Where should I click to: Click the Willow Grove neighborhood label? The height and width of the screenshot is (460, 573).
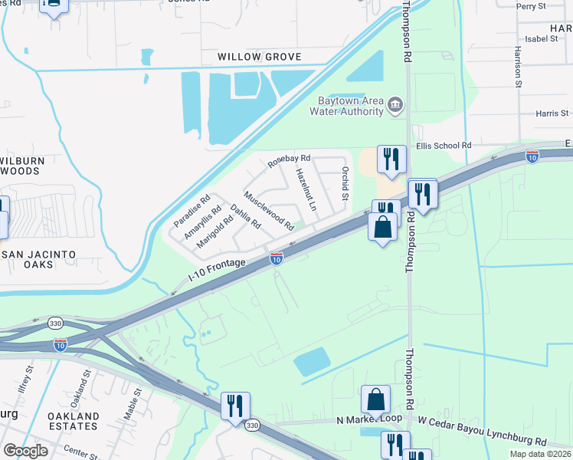click(x=260, y=58)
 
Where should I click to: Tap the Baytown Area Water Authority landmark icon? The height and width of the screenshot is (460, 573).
click(x=395, y=103)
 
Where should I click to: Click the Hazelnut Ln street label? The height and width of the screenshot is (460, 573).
click(x=306, y=189)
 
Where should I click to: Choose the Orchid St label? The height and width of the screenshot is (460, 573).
click(x=345, y=184)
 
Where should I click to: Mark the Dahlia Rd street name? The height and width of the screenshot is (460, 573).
click(x=246, y=219)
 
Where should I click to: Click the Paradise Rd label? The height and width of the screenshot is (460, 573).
click(x=192, y=212)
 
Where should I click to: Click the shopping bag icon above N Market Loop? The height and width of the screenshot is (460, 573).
click(x=375, y=400)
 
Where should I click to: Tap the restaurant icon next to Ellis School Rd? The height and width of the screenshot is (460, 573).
click(x=391, y=159)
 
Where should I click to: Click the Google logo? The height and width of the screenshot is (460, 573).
click(x=26, y=451)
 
